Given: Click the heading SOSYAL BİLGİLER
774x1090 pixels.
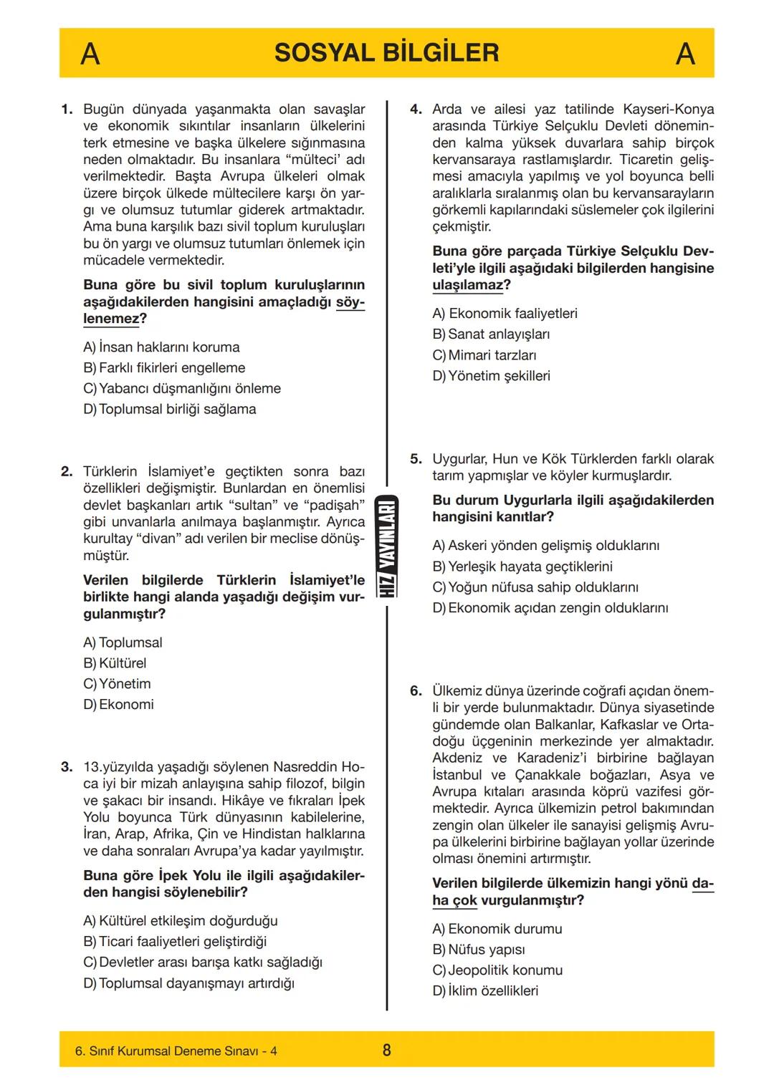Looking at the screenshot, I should (386, 53).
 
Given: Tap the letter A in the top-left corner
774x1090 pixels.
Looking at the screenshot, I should (90, 54).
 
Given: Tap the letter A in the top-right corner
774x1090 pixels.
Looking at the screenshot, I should (685, 54).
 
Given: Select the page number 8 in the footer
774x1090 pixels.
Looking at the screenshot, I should (387, 1051).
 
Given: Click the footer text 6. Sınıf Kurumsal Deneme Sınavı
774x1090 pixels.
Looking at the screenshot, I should (176, 1051).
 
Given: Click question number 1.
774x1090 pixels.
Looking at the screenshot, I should (67, 110).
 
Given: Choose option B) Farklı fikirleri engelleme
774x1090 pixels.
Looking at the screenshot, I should (164, 367).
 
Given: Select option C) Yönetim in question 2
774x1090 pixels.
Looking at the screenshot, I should (117, 683).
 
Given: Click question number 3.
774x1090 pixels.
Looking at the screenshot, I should (67, 767).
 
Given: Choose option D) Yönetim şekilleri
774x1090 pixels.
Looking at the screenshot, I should (491, 375).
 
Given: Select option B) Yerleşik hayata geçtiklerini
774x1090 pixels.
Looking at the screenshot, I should (522, 566).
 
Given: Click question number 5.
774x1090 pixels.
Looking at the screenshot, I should (416, 459).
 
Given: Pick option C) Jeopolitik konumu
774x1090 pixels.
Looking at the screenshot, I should (497, 970).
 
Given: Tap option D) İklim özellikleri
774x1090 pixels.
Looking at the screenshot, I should (485, 990).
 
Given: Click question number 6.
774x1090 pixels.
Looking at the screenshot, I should (416, 691).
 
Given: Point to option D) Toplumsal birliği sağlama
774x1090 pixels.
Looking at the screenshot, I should (170, 409).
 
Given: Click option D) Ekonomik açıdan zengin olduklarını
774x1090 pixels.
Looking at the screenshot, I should (550, 607).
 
